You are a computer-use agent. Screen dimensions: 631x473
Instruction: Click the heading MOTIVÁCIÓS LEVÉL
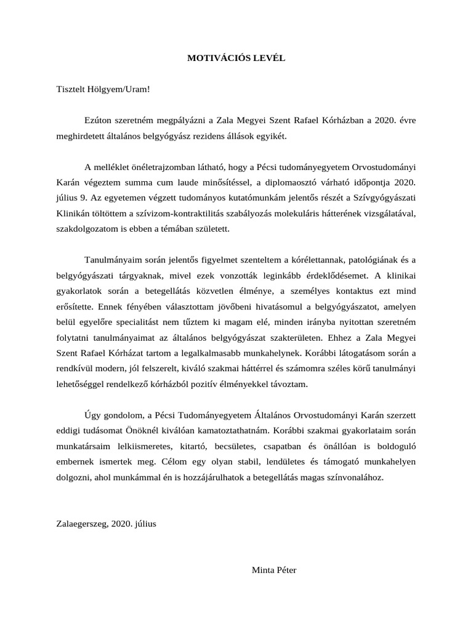pos(236,58)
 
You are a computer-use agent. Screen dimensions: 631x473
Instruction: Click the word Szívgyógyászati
pos(382,198)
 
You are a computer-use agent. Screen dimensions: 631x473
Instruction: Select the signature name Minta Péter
pos(274,570)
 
